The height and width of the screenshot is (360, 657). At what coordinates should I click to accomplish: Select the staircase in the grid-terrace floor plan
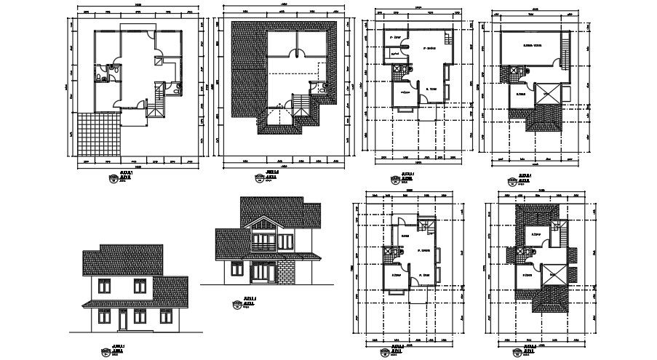click(154, 100)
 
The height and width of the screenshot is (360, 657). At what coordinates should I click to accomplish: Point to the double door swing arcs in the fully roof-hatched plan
click(297, 53)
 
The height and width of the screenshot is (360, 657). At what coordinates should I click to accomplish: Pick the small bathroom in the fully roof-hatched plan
click(317, 87)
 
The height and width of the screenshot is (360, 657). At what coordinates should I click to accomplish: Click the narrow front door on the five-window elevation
click(122, 319)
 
